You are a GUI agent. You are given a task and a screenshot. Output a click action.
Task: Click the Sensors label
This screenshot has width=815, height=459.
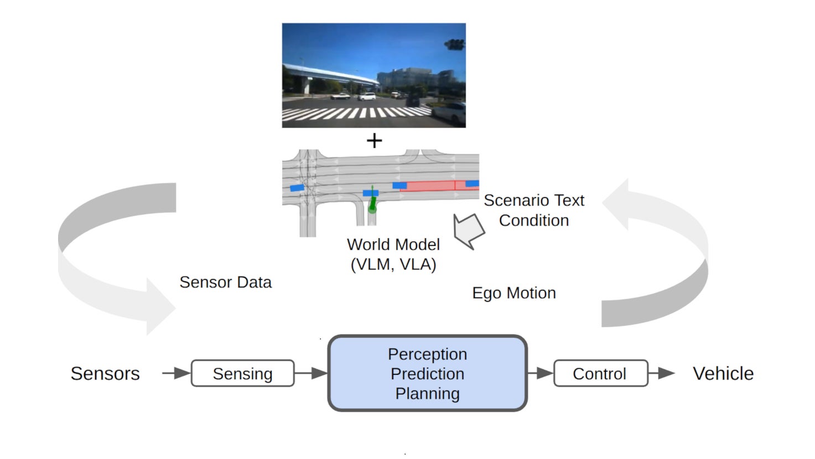(105, 374)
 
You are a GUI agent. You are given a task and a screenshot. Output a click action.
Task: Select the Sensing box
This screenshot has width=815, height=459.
(242, 374)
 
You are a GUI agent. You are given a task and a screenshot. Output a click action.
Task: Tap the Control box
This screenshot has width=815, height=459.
(600, 374)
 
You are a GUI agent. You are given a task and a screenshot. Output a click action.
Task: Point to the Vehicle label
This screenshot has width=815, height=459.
(723, 374)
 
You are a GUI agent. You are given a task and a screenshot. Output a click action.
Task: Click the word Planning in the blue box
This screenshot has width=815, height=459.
(427, 394)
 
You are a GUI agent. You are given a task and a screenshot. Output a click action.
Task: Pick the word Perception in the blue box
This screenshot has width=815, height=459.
(427, 354)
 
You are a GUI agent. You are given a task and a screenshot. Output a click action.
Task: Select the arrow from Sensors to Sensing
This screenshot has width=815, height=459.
(176, 373)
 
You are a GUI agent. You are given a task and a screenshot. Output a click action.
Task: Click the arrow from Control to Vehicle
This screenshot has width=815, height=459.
(662, 373)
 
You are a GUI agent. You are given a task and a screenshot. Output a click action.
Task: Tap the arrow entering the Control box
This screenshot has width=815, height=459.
(540, 373)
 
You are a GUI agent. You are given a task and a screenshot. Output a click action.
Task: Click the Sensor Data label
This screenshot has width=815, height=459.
(225, 282)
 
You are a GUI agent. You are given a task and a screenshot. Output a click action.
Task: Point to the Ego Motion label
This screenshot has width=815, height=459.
(513, 293)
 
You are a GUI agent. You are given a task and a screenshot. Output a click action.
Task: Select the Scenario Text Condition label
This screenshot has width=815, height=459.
(534, 210)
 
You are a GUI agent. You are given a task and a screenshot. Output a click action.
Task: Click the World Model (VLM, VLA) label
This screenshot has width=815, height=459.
(393, 254)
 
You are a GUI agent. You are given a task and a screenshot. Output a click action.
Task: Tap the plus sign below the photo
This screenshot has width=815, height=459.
(374, 141)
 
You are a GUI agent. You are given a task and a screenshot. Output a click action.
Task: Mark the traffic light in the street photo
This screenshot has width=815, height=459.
(455, 45)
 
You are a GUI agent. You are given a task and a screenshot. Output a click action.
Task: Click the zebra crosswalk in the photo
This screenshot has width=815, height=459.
(354, 113)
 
